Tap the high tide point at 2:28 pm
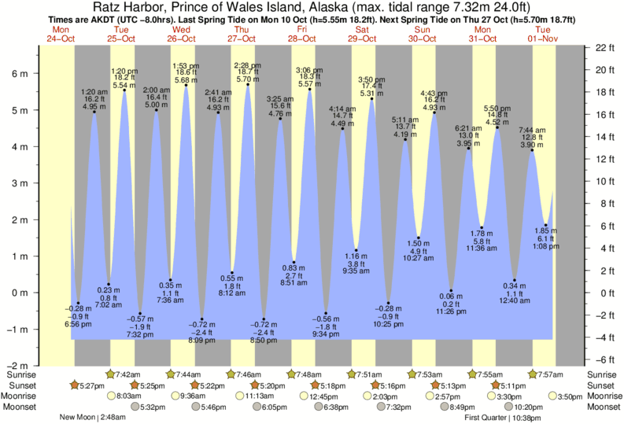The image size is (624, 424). (x=247, y=85)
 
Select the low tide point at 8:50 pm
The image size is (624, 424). (x=264, y=319)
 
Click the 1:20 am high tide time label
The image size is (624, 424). (x=94, y=92)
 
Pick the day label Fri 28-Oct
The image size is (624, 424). (x=302, y=34)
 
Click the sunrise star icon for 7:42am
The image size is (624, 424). (x=110, y=374)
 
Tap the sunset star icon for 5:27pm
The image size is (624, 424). (x=74, y=385)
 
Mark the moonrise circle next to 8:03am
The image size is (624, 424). (x=110, y=396)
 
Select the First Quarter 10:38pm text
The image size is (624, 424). (x=506, y=418)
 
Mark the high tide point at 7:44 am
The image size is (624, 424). (x=533, y=150)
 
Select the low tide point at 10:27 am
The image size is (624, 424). (x=419, y=238)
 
